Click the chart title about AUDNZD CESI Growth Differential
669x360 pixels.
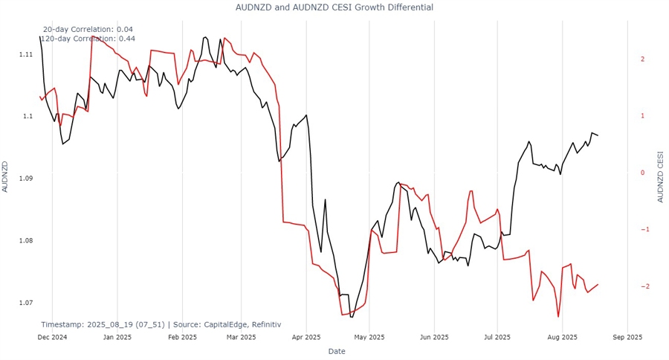pos(334,7)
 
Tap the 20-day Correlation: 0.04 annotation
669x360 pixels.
pos(88,29)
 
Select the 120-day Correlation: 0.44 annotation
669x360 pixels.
pos(87,39)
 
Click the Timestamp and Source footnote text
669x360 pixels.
pos(161,324)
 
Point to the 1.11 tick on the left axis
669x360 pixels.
pos(25,54)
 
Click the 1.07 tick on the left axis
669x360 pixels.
pos(25,303)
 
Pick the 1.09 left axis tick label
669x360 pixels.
pos(25,179)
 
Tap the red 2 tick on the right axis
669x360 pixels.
pos(641,59)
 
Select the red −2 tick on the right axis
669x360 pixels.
pos(640,286)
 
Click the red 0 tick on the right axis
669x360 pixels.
pos(641,173)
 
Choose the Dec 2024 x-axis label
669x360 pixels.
pos(52,337)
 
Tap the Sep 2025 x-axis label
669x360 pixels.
pos(627,337)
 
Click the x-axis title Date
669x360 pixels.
pos(337,351)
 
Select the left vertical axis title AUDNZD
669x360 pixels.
pos(6,177)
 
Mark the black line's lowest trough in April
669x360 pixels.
pos(352,317)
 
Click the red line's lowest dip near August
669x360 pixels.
pos(558,317)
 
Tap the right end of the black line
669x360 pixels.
pos(598,135)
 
